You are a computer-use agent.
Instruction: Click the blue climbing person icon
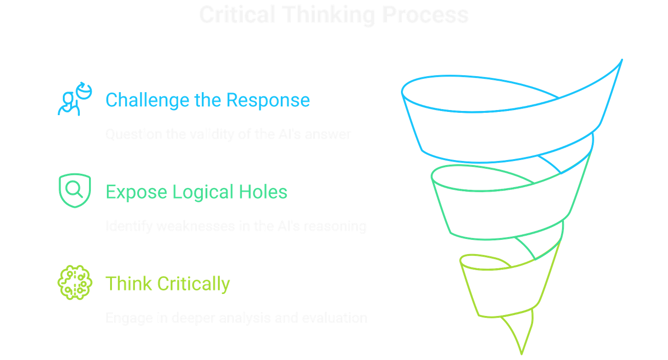[x=74, y=99]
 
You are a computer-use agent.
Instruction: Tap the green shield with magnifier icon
[x=75, y=191]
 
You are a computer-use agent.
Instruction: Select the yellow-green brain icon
[x=75, y=282]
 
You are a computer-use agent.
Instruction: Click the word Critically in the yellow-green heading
[x=193, y=283]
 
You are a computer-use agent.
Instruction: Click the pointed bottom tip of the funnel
[x=521, y=353]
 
